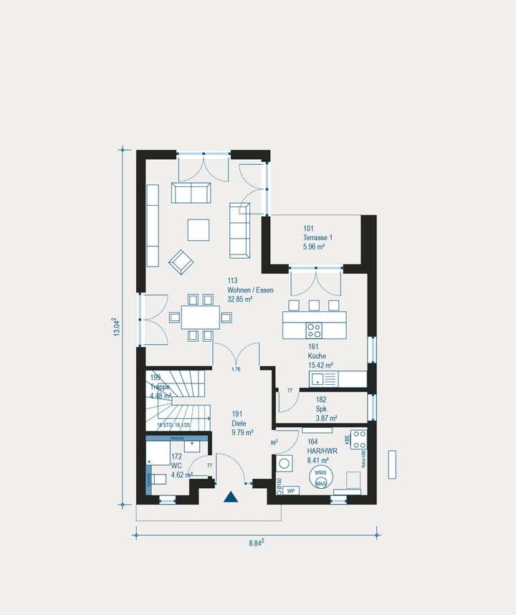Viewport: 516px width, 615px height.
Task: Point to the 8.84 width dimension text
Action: coord(256,543)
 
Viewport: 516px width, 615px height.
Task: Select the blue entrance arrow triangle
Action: coord(230,496)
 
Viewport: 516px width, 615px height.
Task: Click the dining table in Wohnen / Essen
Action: coord(200,317)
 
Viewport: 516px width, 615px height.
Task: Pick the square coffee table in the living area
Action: coord(199,229)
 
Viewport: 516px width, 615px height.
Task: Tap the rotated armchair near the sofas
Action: coord(181,262)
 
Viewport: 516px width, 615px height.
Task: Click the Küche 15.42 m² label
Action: coord(320,359)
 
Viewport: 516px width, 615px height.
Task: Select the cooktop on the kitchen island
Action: coord(314,330)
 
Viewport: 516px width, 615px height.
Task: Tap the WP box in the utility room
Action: coord(291,491)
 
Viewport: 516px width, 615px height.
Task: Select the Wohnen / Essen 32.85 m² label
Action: coord(250,290)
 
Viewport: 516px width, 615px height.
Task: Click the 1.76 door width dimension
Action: coord(235,369)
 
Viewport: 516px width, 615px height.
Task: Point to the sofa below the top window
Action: coord(191,192)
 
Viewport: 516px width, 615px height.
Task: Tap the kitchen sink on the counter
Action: coord(318,378)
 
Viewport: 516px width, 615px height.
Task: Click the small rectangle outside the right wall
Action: coord(392,464)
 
